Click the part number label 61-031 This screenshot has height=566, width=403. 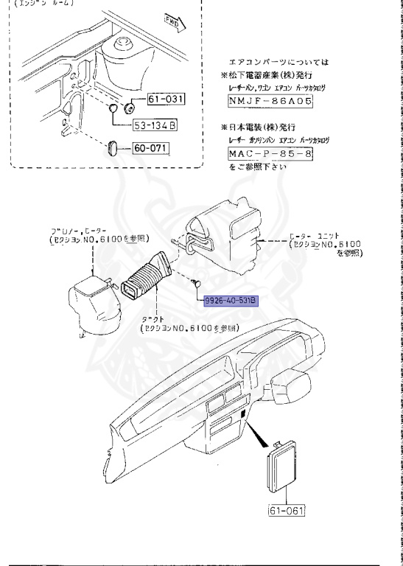pyautogui.click(x=166, y=99)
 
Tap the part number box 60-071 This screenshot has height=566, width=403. pyautogui.click(x=151, y=148)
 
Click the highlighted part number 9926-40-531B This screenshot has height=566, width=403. pyautogui.click(x=230, y=301)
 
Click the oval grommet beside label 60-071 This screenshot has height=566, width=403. pyautogui.click(x=114, y=147)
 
